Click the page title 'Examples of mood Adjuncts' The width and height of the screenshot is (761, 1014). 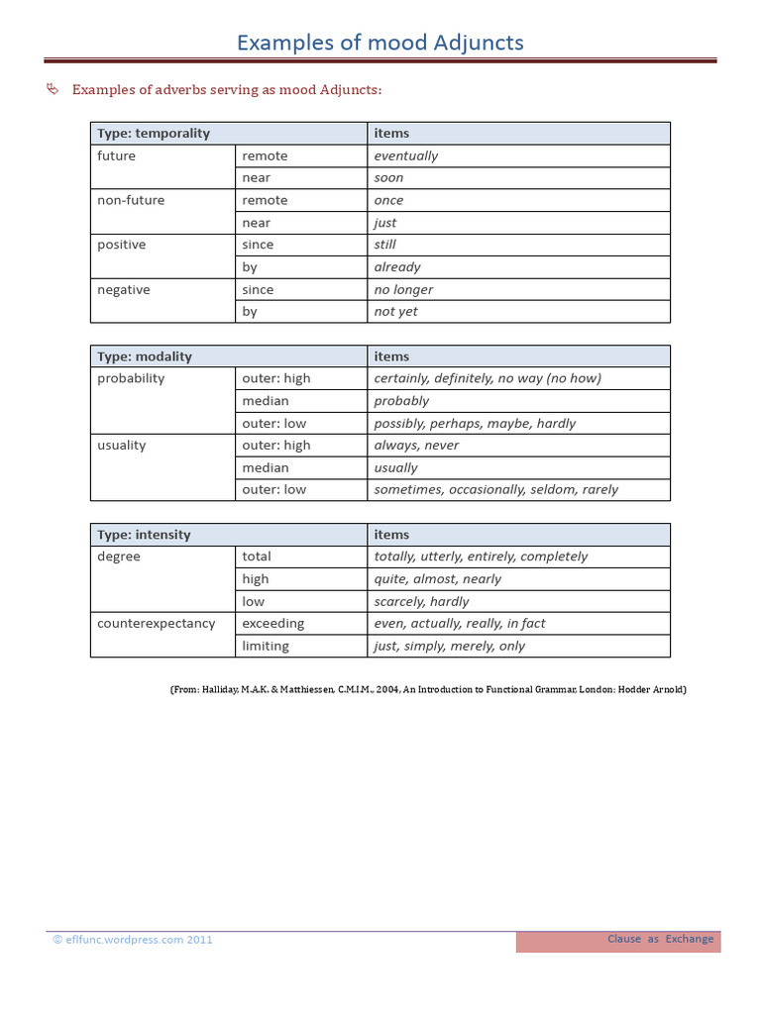point(380,43)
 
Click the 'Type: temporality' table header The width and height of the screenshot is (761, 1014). point(154,134)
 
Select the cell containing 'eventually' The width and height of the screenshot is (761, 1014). point(406,155)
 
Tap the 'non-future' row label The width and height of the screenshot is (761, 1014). point(131,200)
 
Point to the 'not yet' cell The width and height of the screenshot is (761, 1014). point(396,312)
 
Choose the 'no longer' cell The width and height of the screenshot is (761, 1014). point(403,290)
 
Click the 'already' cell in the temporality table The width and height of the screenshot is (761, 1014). point(397,267)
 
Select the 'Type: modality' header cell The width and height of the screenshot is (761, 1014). point(145,356)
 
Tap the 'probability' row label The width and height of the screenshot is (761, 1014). point(131,378)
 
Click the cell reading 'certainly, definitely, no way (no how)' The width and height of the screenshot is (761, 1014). point(488,378)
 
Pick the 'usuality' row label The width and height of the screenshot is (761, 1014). point(122,446)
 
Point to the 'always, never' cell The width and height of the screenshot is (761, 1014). point(416,446)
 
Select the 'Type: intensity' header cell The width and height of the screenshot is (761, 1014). point(144,535)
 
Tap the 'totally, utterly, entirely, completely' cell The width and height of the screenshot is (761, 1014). point(481,557)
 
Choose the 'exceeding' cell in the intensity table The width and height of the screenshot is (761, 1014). point(273,624)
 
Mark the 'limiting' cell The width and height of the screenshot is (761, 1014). point(266,646)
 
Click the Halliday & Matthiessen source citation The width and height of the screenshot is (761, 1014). point(428,689)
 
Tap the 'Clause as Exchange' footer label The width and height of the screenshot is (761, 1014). point(660,939)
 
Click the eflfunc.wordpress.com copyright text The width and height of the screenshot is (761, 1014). point(133,940)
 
